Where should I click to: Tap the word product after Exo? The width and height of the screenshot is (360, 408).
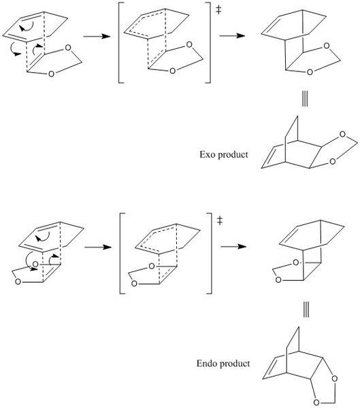[233, 155]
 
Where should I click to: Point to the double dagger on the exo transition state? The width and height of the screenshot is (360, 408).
[218, 10]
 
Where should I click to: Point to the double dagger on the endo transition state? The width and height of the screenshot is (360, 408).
[220, 220]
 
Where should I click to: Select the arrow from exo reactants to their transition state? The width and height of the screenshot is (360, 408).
[97, 36]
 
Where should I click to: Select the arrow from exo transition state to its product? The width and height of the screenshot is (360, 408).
[232, 35]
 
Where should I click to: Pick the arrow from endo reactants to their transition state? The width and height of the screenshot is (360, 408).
[98, 247]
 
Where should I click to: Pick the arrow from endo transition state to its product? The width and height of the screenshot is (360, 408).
[233, 246]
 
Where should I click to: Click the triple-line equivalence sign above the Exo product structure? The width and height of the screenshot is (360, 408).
[305, 100]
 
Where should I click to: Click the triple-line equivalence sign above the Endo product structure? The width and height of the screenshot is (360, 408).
[306, 311]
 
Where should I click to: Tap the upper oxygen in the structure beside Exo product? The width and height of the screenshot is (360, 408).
[342, 134]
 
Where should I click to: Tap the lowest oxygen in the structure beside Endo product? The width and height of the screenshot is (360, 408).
[316, 403]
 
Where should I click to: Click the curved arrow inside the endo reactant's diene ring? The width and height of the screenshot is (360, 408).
[44, 237]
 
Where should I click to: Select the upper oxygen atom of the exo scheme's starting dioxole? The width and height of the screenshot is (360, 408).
[68, 48]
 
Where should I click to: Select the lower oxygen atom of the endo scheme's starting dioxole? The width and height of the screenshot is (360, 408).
[18, 282]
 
